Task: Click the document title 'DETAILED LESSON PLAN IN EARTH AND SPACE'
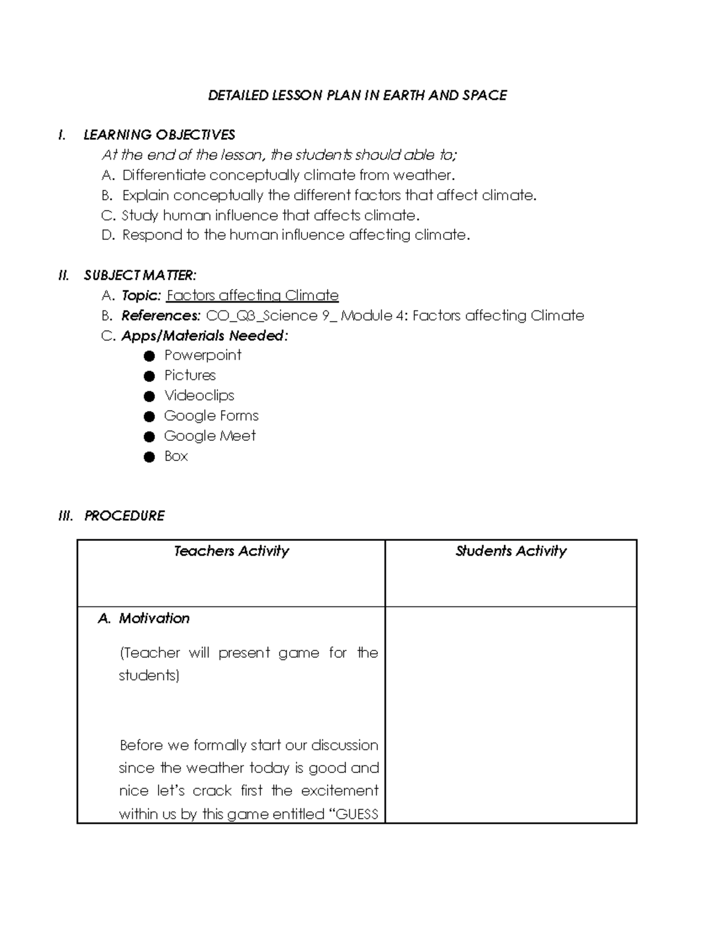pyautogui.click(x=357, y=95)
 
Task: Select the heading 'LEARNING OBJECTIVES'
pyautogui.click(x=159, y=135)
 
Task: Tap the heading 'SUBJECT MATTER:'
pyautogui.click(x=140, y=275)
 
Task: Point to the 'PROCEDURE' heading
pyautogui.click(x=124, y=516)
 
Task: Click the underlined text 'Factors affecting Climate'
pyautogui.click(x=253, y=295)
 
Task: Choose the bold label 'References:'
pyautogui.click(x=161, y=316)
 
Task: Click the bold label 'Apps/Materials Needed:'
pyautogui.click(x=204, y=336)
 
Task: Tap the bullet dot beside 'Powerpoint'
pyautogui.click(x=150, y=356)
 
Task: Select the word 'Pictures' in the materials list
pyautogui.click(x=190, y=375)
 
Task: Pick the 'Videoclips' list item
pyautogui.click(x=199, y=395)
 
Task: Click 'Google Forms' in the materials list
pyautogui.click(x=211, y=416)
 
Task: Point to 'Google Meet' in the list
pyautogui.click(x=210, y=436)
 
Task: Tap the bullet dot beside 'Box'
pyautogui.click(x=150, y=457)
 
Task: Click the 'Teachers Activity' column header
pyautogui.click(x=231, y=551)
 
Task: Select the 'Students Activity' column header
pyautogui.click(x=511, y=551)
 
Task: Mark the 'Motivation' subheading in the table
pyautogui.click(x=154, y=618)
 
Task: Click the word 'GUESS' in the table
pyautogui.click(x=357, y=814)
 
